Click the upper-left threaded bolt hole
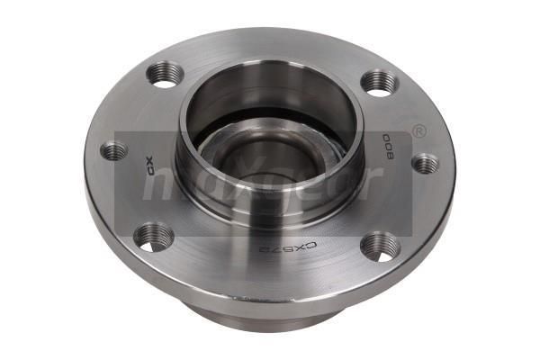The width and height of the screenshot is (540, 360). pyautogui.click(x=165, y=75)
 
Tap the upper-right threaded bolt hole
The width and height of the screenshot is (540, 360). pyautogui.click(x=379, y=82)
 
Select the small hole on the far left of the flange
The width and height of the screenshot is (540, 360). pyautogui.click(x=114, y=151)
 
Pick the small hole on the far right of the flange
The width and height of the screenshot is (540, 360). pyautogui.click(x=424, y=163)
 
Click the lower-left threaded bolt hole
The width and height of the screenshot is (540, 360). pyautogui.click(x=154, y=237)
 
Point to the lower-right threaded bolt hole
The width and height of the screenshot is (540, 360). pyautogui.click(x=380, y=246)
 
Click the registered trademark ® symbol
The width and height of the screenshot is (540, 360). pyautogui.click(x=418, y=132)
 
